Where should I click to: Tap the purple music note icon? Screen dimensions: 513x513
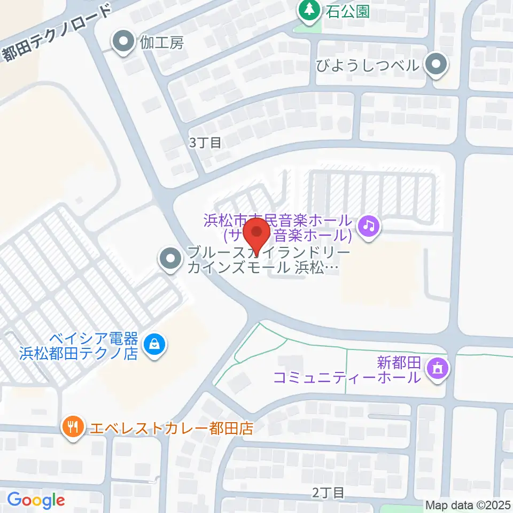coord(368,226)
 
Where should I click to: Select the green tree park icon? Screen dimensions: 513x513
coord(308,10)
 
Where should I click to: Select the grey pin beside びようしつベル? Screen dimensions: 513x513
coord(436,65)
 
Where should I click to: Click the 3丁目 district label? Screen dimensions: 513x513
coord(205,142)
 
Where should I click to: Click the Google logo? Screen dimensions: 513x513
coord(36,500)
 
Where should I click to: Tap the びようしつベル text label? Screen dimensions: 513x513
coord(366,66)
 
